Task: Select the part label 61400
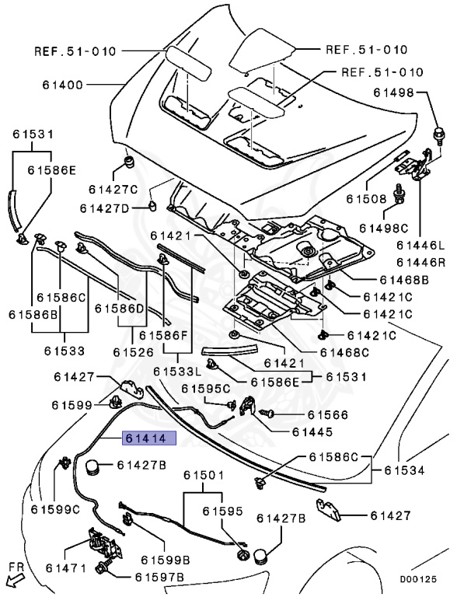[x=62, y=85]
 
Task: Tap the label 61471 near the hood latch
[x=66, y=568]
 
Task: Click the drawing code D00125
[x=418, y=579]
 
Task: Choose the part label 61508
[x=366, y=198]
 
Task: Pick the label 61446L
[x=420, y=245]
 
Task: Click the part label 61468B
[x=404, y=280]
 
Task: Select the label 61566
[x=327, y=414]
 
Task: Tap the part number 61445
[x=312, y=431]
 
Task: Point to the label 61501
[x=204, y=475]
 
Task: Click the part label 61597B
[x=159, y=578]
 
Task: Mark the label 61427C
[x=113, y=189]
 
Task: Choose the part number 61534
[x=404, y=470]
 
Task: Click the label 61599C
[x=55, y=509]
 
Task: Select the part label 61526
[x=134, y=352]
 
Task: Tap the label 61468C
[x=344, y=353]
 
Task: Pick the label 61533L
[x=176, y=371]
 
